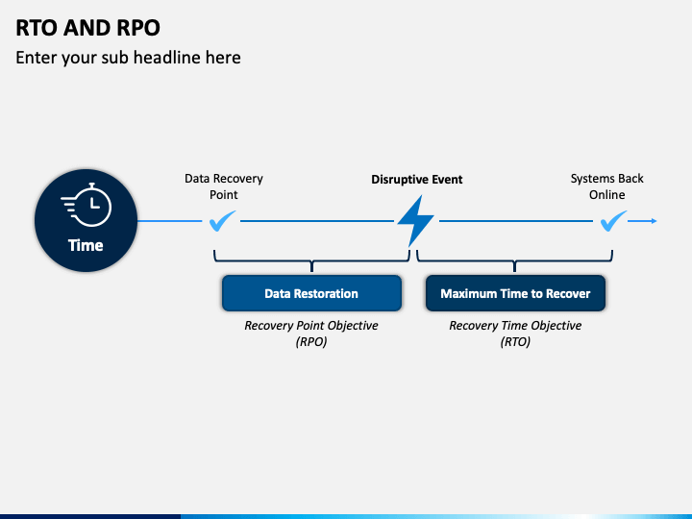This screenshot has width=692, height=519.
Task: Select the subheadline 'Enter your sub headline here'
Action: [x=128, y=58]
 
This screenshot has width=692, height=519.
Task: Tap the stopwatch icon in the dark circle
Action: [x=87, y=204]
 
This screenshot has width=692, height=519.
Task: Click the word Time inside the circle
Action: [x=86, y=245]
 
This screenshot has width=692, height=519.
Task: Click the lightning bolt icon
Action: [x=416, y=221]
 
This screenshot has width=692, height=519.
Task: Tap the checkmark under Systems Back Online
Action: [x=612, y=222]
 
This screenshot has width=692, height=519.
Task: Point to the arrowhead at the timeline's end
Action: [x=654, y=221]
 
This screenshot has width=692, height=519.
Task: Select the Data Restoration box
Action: [x=311, y=293]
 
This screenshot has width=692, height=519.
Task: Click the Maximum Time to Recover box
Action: [x=515, y=293]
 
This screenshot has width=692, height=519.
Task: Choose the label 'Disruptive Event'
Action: [x=417, y=180]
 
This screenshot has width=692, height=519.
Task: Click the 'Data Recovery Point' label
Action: [x=223, y=186]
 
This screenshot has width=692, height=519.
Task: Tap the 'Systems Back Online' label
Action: [x=606, y=186]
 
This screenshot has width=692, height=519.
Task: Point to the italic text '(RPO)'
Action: [x=311, y=341]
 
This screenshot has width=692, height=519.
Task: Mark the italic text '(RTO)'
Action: [x=515, y=341]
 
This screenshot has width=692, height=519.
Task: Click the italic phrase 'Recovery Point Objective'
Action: [x=311, y=326]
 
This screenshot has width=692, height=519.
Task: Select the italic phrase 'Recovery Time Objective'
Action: [x=515, y=326]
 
